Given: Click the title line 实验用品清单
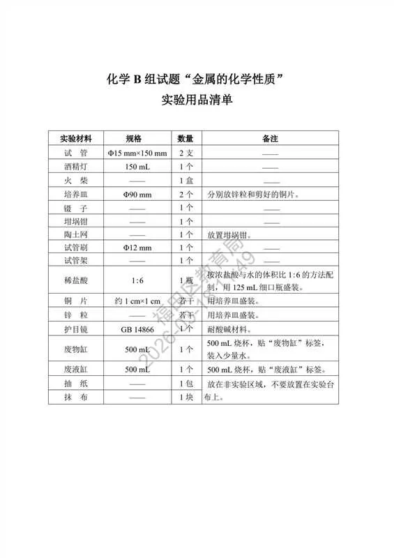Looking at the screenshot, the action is pyautogui.click(x=197, y=99).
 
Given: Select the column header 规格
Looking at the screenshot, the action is pyautogui.click(x=137, y=138).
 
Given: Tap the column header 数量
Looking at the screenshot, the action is pyautogui.click(x=185, y=138).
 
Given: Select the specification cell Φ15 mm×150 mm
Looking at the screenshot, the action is pyautogui.click(x=137, y=153).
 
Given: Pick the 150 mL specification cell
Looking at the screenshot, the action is pyautogui.click(x=137, y=167).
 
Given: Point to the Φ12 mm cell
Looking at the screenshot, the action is pyautogui.click(x=137, y=248).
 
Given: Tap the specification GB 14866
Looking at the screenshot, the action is pyautogui.click(x=137, y=329).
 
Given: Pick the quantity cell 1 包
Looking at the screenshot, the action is pyautogui.click(x=185, y=383).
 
